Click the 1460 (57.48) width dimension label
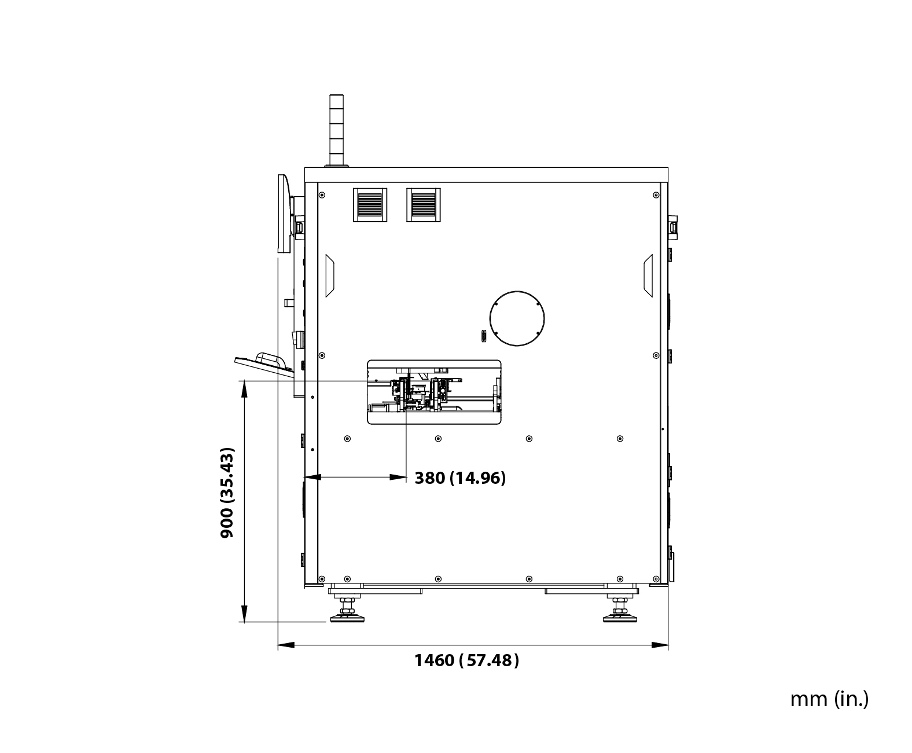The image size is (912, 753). coord(466,660)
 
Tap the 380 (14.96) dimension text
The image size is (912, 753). coord(460,478)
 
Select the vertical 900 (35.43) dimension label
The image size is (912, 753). coord(227,493)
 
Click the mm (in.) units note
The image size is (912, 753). coord(829,699)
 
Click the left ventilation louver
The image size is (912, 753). coord(369,204)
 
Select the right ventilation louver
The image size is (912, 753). coord(423,204)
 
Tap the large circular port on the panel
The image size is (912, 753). coord(517,318)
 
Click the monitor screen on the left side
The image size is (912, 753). coord(283,214)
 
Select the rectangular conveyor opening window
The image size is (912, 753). coord(434,392)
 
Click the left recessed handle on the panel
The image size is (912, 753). coord(329,276)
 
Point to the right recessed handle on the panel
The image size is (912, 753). coord(648,276)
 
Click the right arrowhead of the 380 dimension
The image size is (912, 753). coord(399,477)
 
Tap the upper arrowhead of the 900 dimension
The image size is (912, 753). coord(244,388)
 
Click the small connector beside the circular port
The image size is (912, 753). coord(483,336)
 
